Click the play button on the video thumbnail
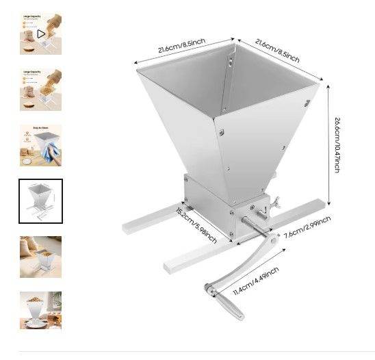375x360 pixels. [x=41, y=33]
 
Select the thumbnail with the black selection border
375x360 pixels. [x=40, y=201]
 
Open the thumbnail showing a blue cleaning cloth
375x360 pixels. [x=40, y=145]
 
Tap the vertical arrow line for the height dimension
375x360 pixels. [x=330, y=144]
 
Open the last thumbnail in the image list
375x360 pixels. [x=40, y=311]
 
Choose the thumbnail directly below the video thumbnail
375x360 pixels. [x=40, y=89]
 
